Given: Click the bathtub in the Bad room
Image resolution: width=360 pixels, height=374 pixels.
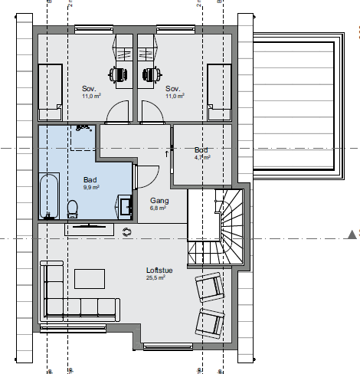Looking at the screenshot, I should click(x=51, y=195).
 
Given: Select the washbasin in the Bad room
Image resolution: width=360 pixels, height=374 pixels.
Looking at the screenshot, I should click(x=124, y=205).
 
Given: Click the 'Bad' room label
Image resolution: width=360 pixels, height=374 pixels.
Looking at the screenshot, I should click(x=90, y=180).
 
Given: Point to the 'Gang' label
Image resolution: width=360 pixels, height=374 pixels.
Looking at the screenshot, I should click(x=159, y=200).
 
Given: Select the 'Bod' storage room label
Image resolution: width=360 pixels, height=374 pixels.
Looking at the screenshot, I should click(x=201, y=150).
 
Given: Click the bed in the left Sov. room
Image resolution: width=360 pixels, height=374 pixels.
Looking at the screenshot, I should click(x=51, y=92).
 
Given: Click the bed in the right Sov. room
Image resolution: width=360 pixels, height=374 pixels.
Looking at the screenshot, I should click(x=219, y=92).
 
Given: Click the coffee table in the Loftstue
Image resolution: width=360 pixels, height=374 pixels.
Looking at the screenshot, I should click(x=90, y=278).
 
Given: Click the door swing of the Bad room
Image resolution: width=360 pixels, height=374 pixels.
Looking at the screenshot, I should click(x=142, y=176).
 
